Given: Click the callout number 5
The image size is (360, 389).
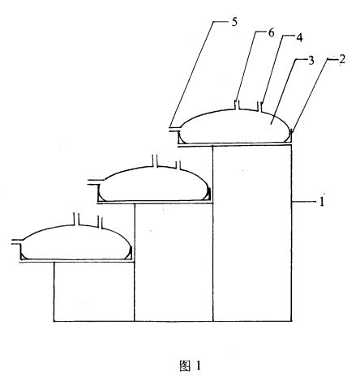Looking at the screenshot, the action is [x=234, y=22].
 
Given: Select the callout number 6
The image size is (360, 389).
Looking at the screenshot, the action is [x=271, y=33].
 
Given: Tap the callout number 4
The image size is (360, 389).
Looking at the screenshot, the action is [x=299, y=37].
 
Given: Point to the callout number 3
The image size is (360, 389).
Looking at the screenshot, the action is [x=311, y=61].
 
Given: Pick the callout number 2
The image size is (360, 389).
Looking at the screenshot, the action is [x=342, y=59].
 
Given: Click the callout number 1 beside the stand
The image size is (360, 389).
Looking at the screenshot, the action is [x=322, y=202].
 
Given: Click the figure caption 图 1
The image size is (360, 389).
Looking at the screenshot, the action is [x=190, y=365].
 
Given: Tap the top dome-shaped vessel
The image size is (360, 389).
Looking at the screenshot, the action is [x=236, y=127].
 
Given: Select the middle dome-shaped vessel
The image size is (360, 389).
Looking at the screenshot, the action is [x=155, y=185].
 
